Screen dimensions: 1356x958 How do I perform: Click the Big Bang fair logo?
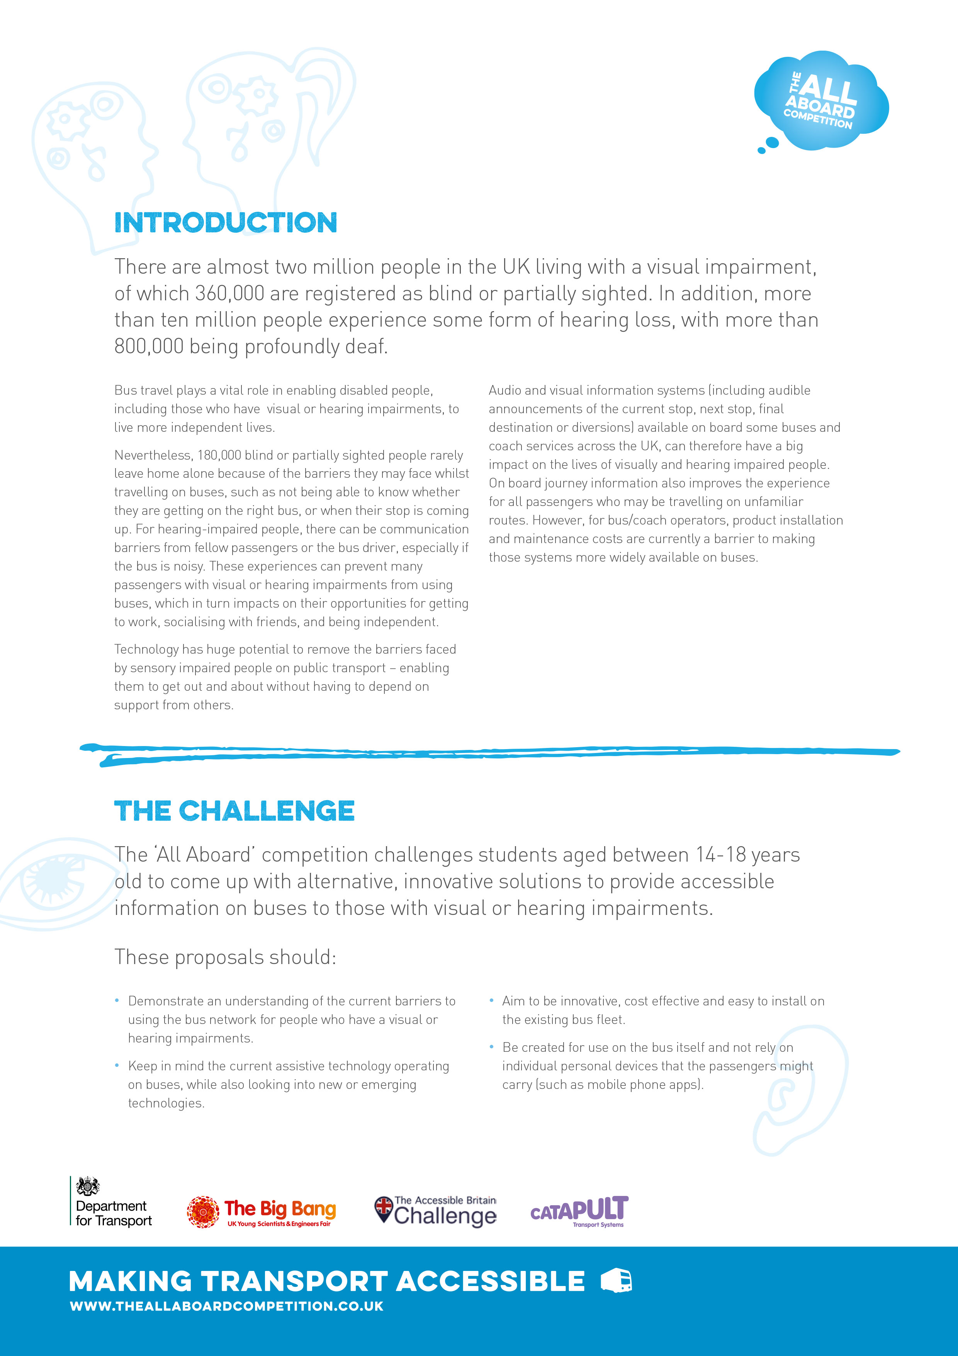(x=262, y=1212)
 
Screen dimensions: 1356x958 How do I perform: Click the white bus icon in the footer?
(x=616, y=1281)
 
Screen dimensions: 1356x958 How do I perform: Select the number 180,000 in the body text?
(x=219, y=455)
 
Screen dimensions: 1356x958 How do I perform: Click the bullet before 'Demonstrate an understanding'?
(x=117, y=1000)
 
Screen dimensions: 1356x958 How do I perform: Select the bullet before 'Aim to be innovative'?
(x=491, y=1000)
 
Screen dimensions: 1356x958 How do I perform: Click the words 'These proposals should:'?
(x=225, y=957)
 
